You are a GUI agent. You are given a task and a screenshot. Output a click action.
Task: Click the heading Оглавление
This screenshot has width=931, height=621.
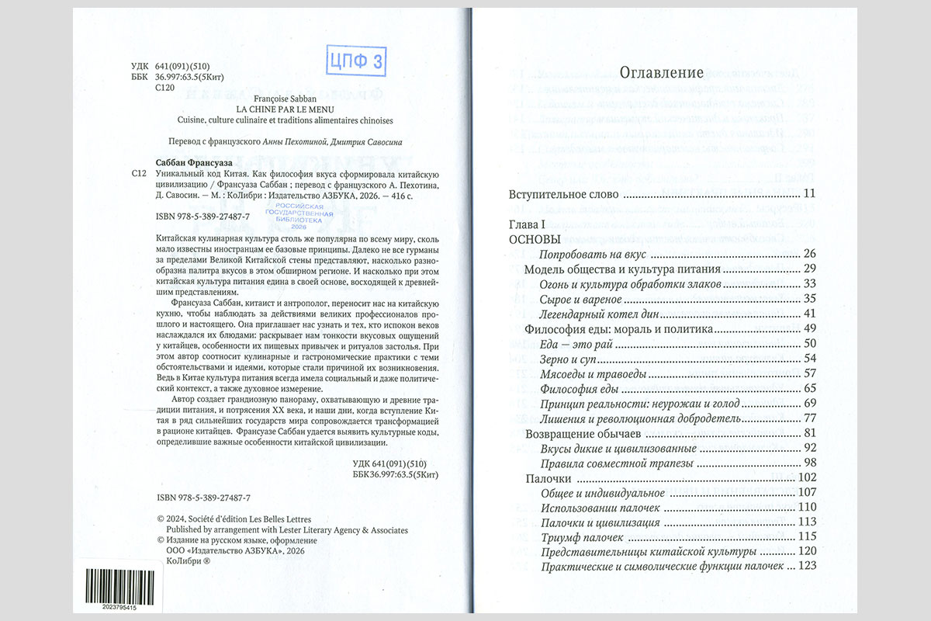click(662, 73)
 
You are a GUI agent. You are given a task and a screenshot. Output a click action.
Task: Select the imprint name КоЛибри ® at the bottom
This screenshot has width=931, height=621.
click(189, 561)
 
